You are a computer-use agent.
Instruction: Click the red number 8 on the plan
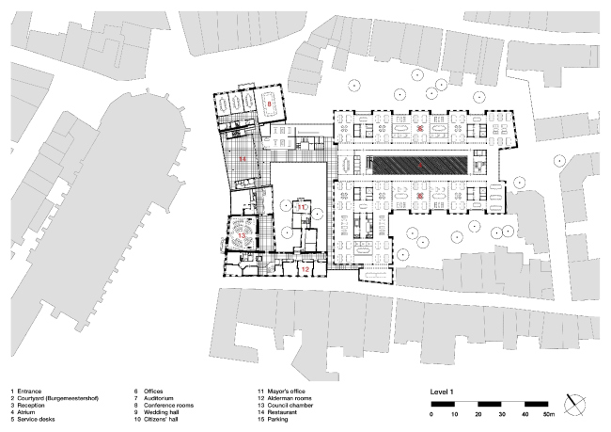[x=268, y=104]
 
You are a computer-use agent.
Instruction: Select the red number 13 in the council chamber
[x=242, y=234]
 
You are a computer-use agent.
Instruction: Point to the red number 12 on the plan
[x=305, y=270]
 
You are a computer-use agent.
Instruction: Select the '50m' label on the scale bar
[x=548, y=414]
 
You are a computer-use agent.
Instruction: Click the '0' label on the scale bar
[x=432, y=414]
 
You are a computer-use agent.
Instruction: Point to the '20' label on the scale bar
[x=478, y=414]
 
